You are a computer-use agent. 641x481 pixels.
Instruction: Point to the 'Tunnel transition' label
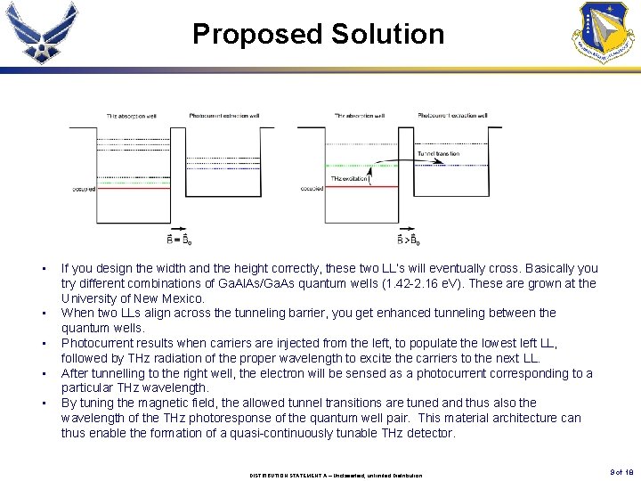tap(438, 154)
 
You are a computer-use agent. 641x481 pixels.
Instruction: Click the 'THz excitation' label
tap(348, 179)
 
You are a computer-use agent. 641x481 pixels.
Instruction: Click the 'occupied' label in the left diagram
tap(83, 189)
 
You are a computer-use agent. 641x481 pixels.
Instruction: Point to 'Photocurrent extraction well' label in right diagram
tap(452, 116)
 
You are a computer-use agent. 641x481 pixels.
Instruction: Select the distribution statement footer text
tap(337, 475)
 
